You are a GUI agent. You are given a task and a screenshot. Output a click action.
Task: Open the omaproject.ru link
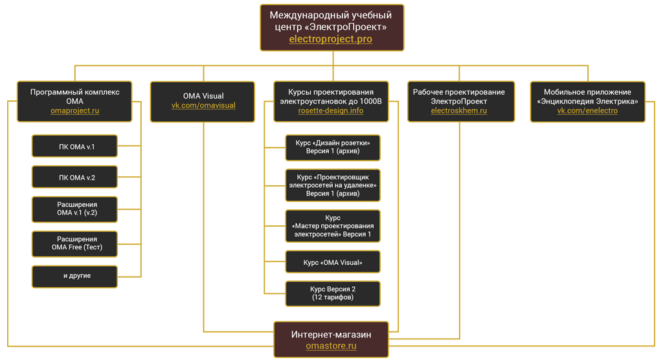point(74,111)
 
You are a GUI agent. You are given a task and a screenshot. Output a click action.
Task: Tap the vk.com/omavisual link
point(203,106)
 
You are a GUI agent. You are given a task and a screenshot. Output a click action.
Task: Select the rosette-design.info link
point(330,111)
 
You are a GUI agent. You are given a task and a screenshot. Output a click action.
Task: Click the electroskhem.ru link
point(458,111)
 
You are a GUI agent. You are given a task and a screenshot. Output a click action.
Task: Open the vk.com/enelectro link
point(587,111)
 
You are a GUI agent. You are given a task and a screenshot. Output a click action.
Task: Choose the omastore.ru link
point(331,346)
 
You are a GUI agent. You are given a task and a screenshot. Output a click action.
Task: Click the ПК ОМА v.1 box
point(74,146)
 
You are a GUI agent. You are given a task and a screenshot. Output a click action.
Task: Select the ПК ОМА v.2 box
point(74,177)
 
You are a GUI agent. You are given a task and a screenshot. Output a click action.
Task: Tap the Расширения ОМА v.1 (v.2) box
point(74,208)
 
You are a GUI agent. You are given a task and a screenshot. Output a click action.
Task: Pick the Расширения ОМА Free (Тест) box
point(74,243)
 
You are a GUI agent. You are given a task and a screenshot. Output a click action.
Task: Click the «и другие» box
point(74,276)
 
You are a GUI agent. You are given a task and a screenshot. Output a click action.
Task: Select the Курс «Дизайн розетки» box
point(333,148)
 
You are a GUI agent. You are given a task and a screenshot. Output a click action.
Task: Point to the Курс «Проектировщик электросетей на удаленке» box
point(333,185)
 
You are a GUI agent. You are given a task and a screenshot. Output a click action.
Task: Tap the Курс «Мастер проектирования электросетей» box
point(333,226)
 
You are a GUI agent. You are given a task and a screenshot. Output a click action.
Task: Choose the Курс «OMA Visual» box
point(333,262)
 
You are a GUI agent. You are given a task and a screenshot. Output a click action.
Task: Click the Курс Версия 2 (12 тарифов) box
point(333,293)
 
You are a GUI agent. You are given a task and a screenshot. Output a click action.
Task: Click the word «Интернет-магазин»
point(331,334)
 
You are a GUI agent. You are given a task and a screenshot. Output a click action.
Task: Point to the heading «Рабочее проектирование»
point(458,92)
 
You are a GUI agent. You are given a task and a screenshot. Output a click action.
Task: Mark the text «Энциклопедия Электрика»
point(587,102)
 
